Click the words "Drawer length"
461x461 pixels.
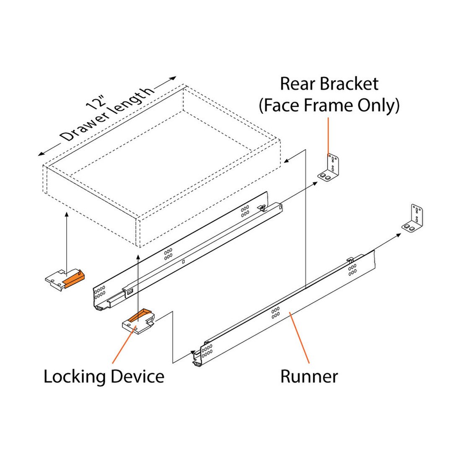point(107,116)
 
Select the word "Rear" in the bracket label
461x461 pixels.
point(295,84)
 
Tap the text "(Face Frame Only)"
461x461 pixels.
point(329,106)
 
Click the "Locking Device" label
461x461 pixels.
point(104,376)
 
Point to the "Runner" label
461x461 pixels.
point(309,376)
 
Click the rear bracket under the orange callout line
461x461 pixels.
point(331,167)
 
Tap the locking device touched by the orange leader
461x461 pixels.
point(139,320)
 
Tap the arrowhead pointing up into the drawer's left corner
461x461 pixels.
point(67,214)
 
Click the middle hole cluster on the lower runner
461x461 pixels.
point(275,313)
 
